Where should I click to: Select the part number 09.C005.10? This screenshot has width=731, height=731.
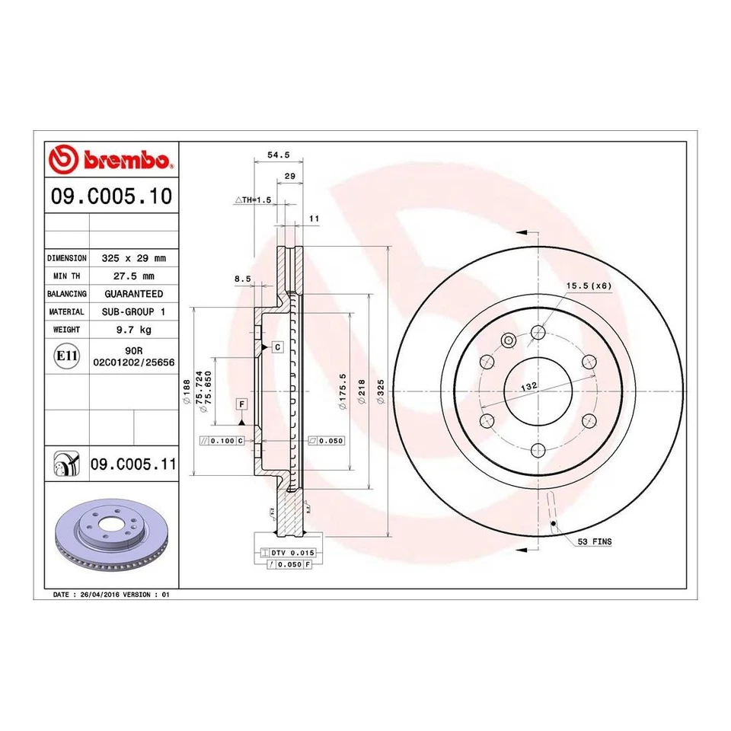pyautogui.click(x=111, y=197)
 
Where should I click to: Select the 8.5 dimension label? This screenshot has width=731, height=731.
pyautogui.click(x=242, y=279)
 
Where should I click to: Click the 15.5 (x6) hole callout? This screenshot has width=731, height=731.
pyautogui.click(x=589, y=286)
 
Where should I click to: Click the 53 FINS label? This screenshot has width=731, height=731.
pyautogui.click(x=594, y=541)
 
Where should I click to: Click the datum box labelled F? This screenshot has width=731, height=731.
pyautogui.click(x=241, y=403)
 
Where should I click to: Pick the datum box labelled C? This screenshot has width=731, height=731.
pyautogui.click(x=277, y=347)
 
